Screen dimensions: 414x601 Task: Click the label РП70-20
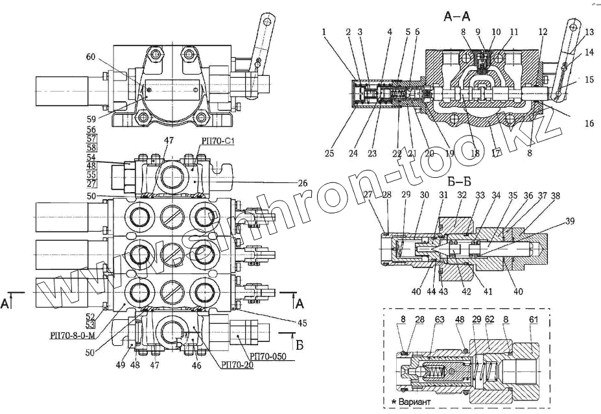(237, 365)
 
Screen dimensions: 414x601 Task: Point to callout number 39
(570, 221)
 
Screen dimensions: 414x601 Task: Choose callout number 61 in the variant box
(534, 319)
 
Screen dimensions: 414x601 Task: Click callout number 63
(439, 319)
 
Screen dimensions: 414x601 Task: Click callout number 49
(120, 365)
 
